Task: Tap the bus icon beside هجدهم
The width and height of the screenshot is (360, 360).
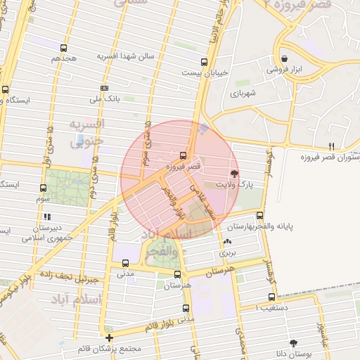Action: [x=64, y=49]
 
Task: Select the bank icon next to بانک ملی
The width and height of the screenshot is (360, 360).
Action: [x=104, y=88]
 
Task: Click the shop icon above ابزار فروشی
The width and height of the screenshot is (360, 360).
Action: [x=284, y=58]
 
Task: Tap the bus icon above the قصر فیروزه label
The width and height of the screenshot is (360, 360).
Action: [x=184, y=155]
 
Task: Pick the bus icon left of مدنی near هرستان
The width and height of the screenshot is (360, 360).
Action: [x=124, y=264]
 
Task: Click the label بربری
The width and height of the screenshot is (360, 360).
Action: [x=227, y=251]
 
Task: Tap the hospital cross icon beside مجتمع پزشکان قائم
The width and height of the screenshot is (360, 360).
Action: [x=109, y=337]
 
